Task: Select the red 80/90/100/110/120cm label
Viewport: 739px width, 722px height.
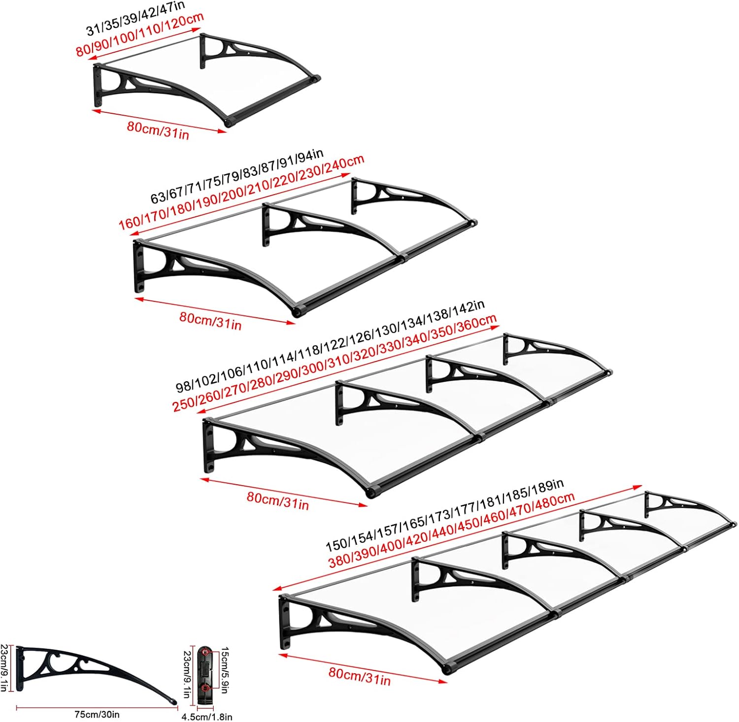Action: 140,35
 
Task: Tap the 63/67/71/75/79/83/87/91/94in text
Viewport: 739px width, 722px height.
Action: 237,177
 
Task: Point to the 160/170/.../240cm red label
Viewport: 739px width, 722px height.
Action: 241,193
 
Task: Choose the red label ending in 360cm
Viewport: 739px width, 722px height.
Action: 334,363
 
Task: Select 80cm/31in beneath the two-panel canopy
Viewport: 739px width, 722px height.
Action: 210,320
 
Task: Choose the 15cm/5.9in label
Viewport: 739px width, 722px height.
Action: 224,670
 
